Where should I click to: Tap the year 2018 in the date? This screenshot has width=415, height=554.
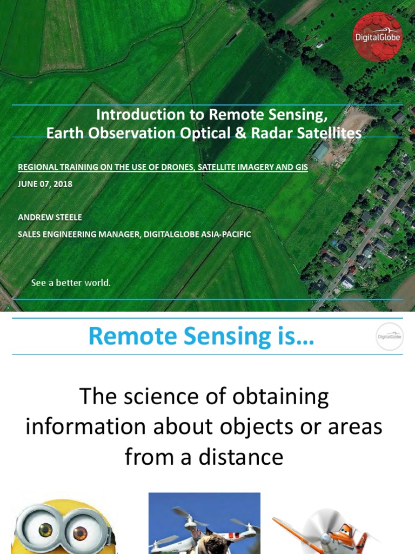click(x=62, y=184)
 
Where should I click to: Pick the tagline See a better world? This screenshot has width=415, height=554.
click(x=71, y=283)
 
